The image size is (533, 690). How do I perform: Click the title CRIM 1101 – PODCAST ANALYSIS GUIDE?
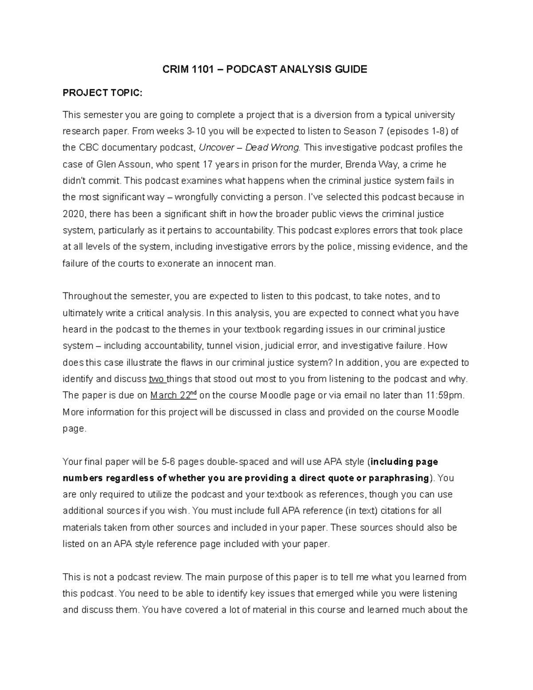click(266, 69)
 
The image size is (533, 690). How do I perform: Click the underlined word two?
click(156, 379)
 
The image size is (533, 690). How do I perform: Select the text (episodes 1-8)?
click(418, 131)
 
